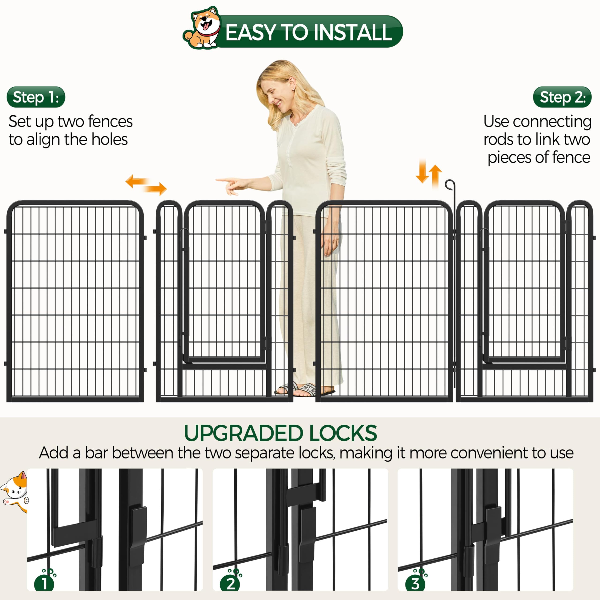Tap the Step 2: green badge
[x=562, y=97]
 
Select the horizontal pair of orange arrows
[x=146, y=184]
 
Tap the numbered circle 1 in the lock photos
[x=44, y=584]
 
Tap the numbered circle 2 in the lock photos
[x=230, y=584]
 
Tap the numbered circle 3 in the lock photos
[x=415, y=584]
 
